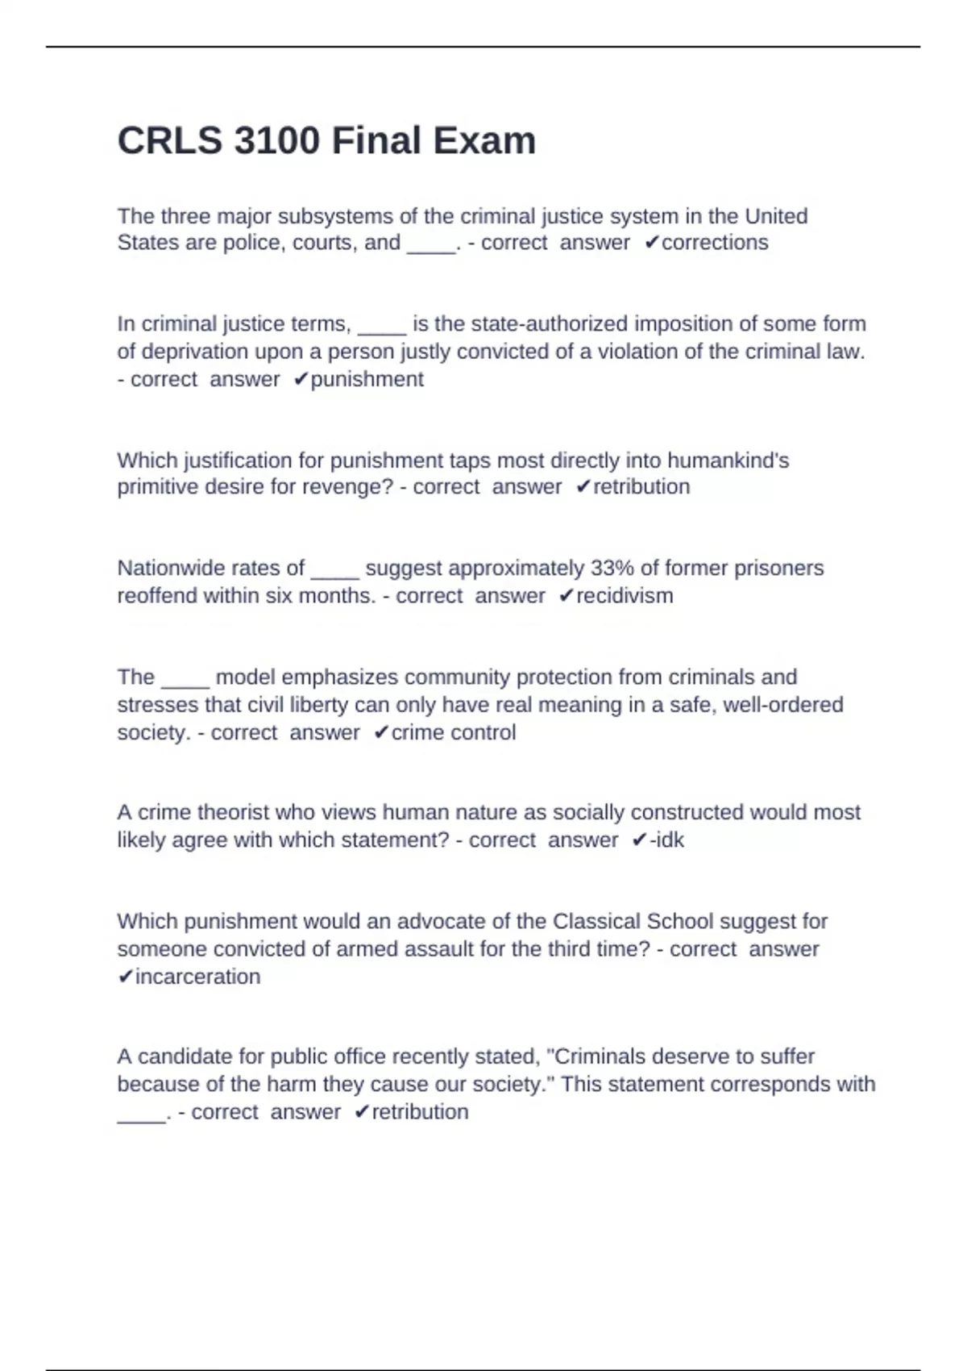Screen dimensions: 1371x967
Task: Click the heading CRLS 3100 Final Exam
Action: (x=326, y=140)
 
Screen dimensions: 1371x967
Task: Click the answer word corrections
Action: (x=715, y=243)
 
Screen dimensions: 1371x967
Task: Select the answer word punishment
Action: (x=367, y=379)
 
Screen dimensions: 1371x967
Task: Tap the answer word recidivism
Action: (x=625, y=596)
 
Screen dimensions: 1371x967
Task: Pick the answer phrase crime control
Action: (x=453, y=732)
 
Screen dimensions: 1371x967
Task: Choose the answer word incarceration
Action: (x=197, y=977)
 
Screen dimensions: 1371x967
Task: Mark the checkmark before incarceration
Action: (x=125, y=977)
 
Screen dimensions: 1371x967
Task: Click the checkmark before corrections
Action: (x=652, y=243)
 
